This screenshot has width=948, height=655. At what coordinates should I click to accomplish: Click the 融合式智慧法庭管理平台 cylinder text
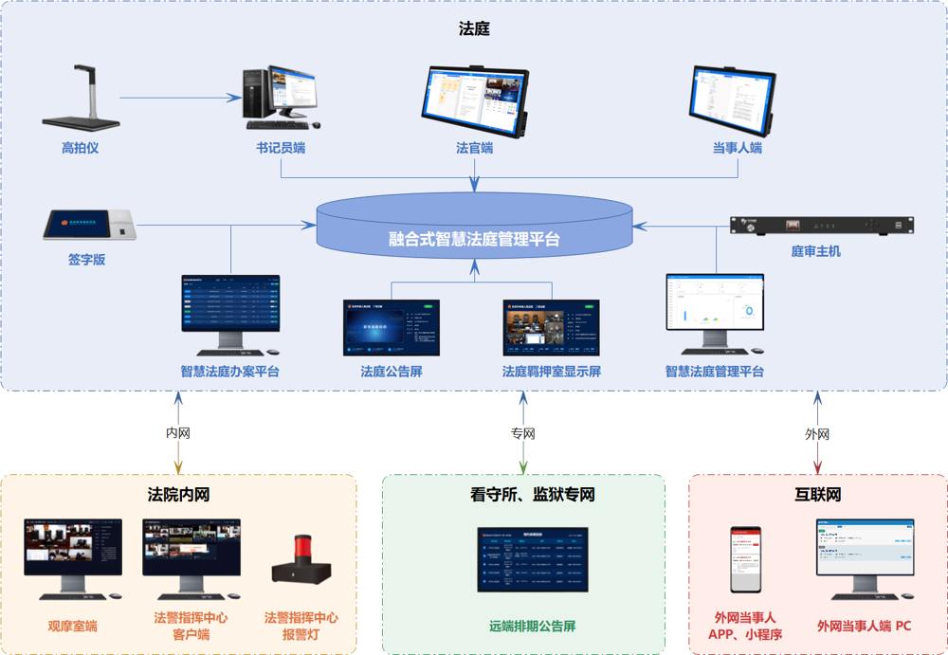(x=474, y=239)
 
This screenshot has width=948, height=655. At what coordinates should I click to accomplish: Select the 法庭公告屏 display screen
(x=392, y=327)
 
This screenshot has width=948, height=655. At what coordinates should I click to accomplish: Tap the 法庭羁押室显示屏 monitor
(x=551, y=327)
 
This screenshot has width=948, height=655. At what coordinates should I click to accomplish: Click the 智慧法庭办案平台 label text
(x=230, y=372)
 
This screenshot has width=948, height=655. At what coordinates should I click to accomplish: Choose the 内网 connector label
(x=178, y=433)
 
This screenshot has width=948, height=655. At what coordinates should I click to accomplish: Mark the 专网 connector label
(x=523, y=433)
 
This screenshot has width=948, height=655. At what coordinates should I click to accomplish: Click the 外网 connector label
(x=817, y=433)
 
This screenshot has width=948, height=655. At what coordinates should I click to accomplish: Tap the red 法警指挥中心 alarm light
(x=301, y=562)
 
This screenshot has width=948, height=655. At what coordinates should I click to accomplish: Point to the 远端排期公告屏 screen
(x=532, y=558)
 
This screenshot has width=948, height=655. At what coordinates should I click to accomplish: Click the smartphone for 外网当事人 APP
(x=745, y=558)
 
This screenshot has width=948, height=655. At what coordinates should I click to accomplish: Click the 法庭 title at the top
(x=474, y=29)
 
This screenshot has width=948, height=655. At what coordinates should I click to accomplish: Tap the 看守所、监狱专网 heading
(x=523, y=495)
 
